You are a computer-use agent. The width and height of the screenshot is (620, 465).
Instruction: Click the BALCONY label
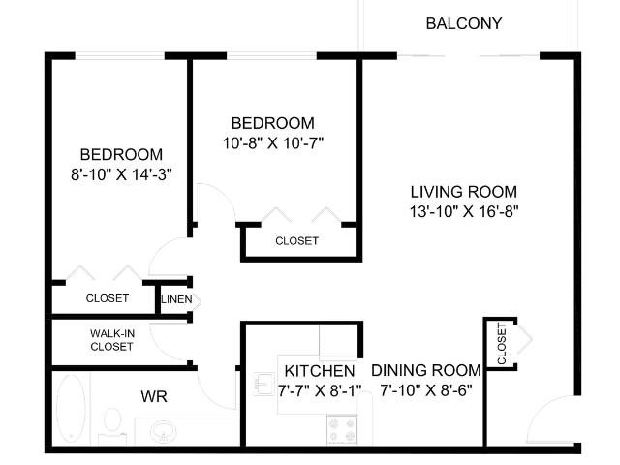click(464, 23)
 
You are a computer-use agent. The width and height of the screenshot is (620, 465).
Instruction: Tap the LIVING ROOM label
click(464, 192)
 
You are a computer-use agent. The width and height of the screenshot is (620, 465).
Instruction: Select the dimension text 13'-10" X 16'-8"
click(464, 211)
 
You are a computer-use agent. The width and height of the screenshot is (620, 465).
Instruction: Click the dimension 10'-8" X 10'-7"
click(273, 142)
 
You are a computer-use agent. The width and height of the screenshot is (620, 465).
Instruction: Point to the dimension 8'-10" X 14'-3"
click(121, 174)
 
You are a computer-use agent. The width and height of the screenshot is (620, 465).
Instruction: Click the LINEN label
click(176, 299)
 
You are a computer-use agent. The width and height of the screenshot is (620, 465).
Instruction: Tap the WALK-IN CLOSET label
click(112, 340)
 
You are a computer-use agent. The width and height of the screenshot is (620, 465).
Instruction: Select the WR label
click(154, 396)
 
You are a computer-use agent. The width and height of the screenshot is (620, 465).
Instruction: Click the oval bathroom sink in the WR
click(164, 432)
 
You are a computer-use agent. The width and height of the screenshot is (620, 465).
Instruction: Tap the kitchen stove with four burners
click(342, 429)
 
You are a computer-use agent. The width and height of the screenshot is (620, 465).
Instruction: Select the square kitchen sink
click(263, 384)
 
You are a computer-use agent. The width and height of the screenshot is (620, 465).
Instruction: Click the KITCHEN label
click(320, 371)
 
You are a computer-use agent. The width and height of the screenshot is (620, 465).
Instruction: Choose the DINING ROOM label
click(426, 370)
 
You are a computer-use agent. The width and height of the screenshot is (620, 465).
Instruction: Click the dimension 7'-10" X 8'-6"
click(426, 390)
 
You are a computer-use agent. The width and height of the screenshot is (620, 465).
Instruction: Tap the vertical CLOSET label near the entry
click(502, 343)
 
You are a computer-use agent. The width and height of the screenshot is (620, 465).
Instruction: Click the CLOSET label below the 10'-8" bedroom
click(297, 241)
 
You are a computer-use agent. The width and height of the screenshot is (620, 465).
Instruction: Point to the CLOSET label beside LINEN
click(108, 298)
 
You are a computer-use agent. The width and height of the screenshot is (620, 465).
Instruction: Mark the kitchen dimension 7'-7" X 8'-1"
click(320, 390)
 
